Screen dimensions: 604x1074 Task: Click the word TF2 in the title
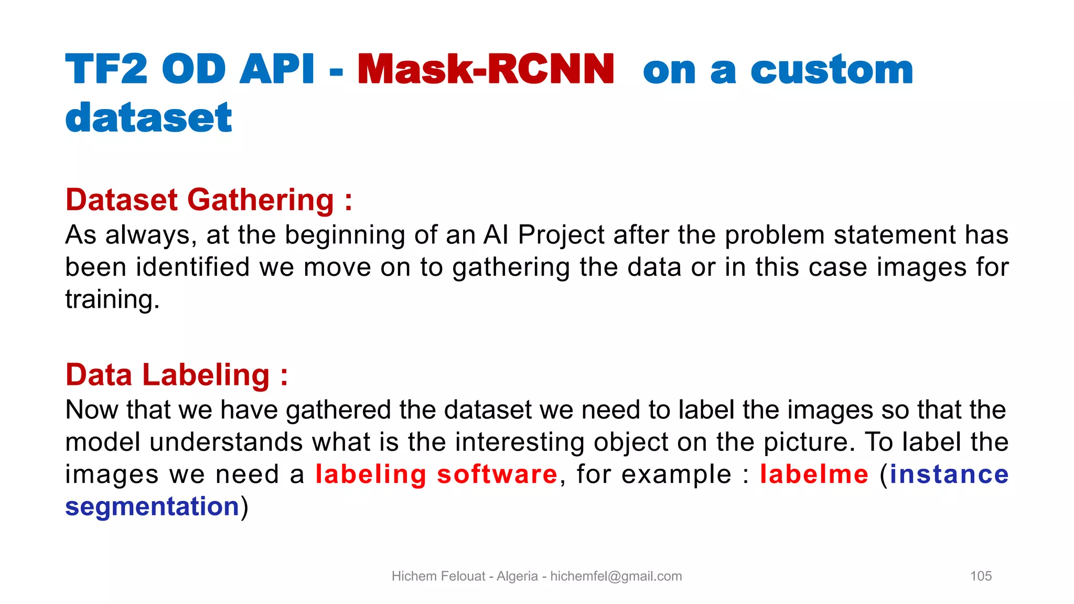coord(106,70)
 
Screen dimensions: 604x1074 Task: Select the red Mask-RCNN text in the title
coord(486,70)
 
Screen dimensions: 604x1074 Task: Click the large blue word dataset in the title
coord(148,118)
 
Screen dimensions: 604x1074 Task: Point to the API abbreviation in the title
coord(277,70)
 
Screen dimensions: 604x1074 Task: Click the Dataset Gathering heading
coord(209,200)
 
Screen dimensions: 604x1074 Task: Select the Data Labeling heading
coord(177,375)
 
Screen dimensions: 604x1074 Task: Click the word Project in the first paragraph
coord(561,235)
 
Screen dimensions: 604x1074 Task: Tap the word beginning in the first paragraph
coord(345,235)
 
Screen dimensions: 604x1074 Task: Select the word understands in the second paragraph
coord(226,442)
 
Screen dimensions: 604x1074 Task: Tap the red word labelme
coord(814,474)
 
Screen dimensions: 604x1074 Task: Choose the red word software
coord(497,474)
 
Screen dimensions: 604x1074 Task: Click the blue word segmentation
coord(152,506)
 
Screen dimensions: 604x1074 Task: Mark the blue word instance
coord(949,474)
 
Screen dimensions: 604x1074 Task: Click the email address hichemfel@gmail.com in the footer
coord(616,576)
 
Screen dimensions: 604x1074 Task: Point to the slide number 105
coord(981,576)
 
